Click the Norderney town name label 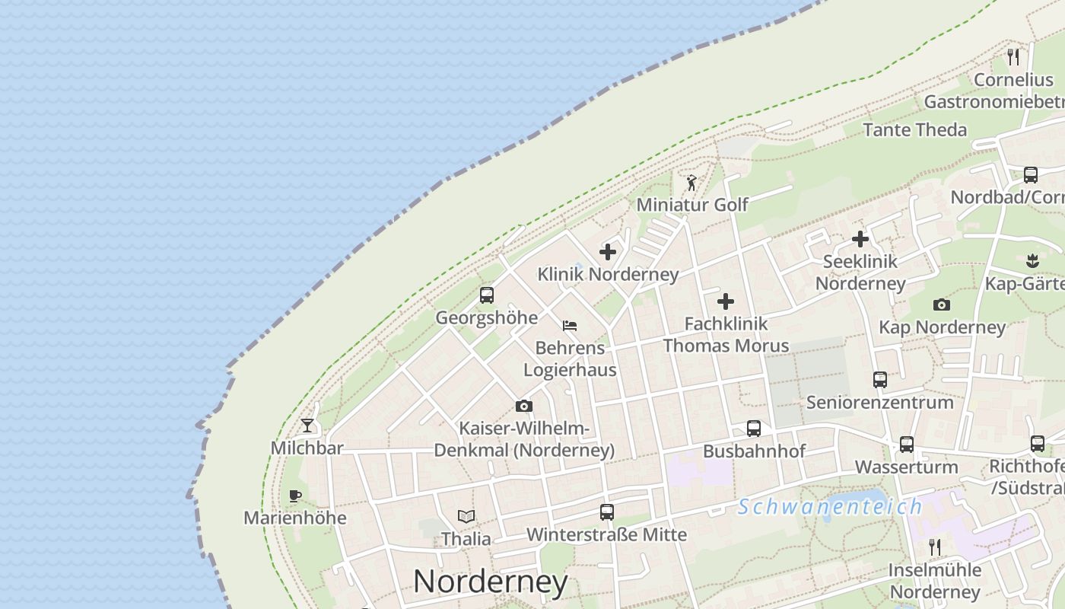coord(491,582)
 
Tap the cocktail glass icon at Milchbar coord(307,425)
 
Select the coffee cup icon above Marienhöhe coord(295,496)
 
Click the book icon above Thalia coord(466,517)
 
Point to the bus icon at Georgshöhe coord(487,295)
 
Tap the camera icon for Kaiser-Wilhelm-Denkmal coord(524,407)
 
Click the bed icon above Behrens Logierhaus coord(570,326)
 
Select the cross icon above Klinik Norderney coord(608,251)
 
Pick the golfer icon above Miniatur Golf coord(691,183)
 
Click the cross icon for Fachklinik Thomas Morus coord(726,301)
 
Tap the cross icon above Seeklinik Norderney coord(860,239)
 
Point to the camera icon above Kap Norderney coord(942,305)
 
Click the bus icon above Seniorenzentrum coord(880,380)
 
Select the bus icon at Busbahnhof coord(754,429)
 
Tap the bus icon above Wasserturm coord(907,445)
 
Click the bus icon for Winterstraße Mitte coord(607,512)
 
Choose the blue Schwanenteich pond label coord(829,506)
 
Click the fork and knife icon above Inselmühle coord(935,547)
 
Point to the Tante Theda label coord(914,129)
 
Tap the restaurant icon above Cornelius coord(1013,56)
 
